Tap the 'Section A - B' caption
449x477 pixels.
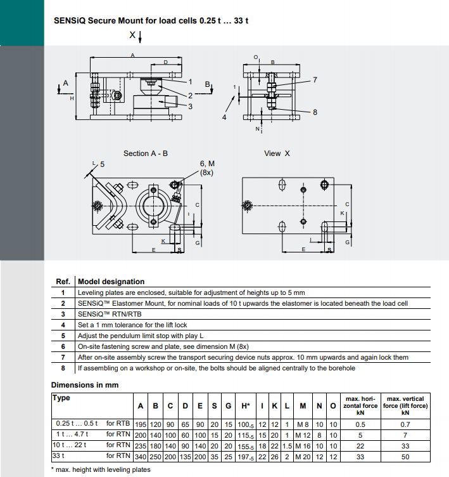[146, 154]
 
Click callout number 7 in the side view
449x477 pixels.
[315, 80]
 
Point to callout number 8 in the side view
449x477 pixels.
[315, 112]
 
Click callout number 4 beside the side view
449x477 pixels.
[224, 117]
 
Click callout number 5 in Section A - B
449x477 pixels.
[102, 164]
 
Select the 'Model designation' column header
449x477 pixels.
[111, 282]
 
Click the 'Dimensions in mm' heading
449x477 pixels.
[84, 385]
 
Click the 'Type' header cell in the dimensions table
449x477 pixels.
[62, 398]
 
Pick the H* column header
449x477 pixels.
[246, 405]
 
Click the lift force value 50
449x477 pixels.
[405, 455]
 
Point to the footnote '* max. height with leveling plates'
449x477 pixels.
[101, 469]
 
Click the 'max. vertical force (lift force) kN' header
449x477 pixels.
[405, 405]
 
